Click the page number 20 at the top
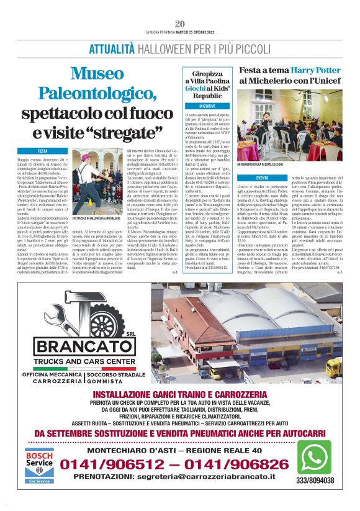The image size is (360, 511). point(179,24)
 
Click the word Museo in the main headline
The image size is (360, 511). point(97,74)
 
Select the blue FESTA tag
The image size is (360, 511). point(42,151)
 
